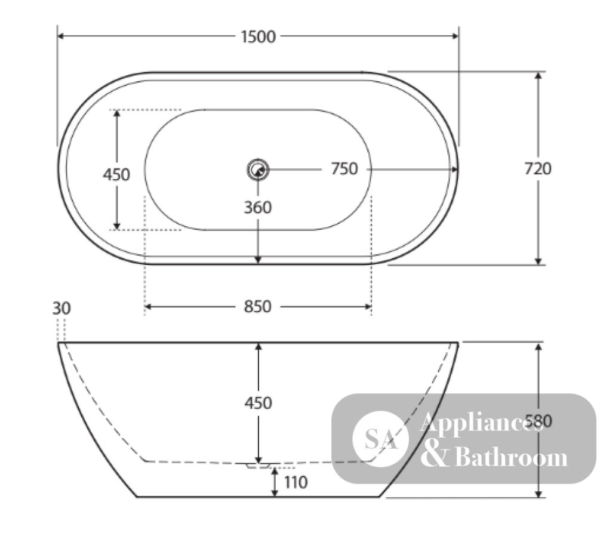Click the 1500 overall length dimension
[258, 37]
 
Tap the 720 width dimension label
[538, 169]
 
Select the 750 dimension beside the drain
[344, 169]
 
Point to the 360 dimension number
[258, 208]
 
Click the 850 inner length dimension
[258, 306]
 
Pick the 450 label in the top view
[116, 175]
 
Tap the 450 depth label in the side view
[258, 403]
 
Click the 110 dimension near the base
[296, 483]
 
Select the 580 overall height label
[538, 421]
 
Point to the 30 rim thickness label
[61, 308]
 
